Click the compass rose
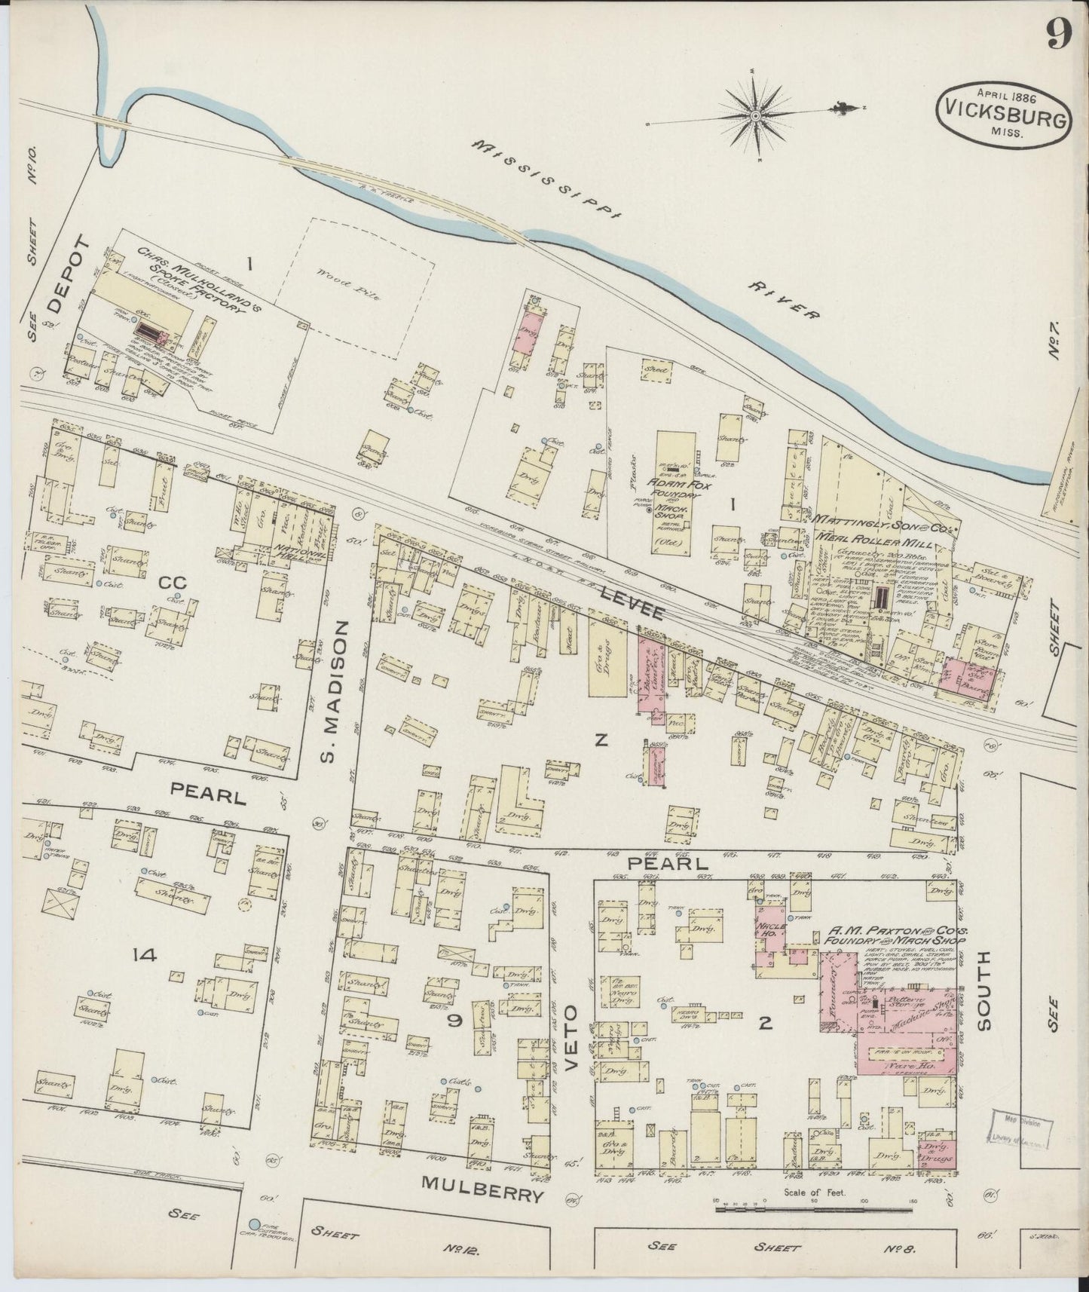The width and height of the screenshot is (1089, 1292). tap(756, 115)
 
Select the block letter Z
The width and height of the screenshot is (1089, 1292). tap(600, 741)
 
